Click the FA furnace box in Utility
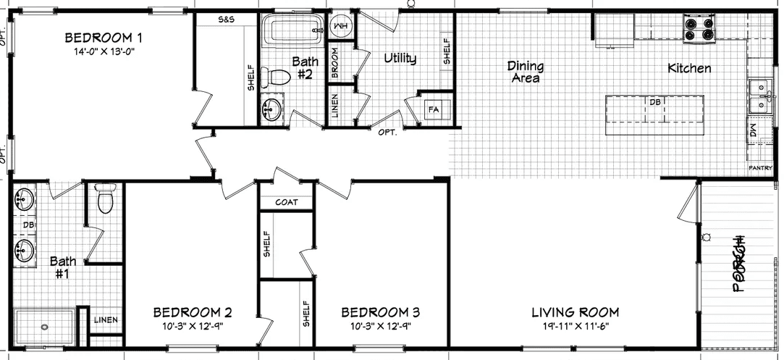tap(434, 109)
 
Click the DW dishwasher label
tap(754, 133)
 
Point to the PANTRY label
tap(760, 167)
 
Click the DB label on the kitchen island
tap(655, 102)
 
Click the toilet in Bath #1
tap(106, 198)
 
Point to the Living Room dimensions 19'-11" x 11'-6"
tap(576, 327)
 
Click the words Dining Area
tap(526, 72)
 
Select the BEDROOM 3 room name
tap(380, 312)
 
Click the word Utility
tap(400, 58)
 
